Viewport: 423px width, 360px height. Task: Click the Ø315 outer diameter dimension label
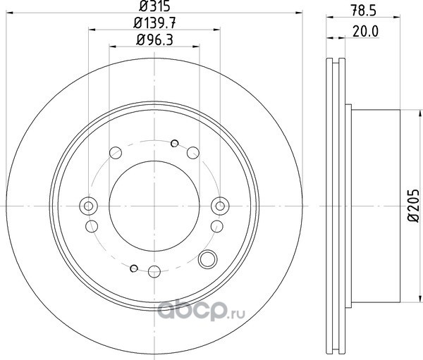tap(154, 6)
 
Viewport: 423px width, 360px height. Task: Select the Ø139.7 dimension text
tap(154, 23)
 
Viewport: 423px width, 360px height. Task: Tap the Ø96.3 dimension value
tap(154, 40)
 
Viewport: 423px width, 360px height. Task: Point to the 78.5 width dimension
tap(363, 11)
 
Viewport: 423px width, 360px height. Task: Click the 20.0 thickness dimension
tap(366, 32)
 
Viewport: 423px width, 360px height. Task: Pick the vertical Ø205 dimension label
tap(414, 206)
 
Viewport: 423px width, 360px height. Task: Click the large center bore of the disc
tap(154, 206)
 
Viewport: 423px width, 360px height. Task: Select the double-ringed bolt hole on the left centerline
tap(88, 206)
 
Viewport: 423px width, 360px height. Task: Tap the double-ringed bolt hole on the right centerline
tap(220, 206)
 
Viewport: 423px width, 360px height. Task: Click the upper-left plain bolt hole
tap(116, 153)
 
